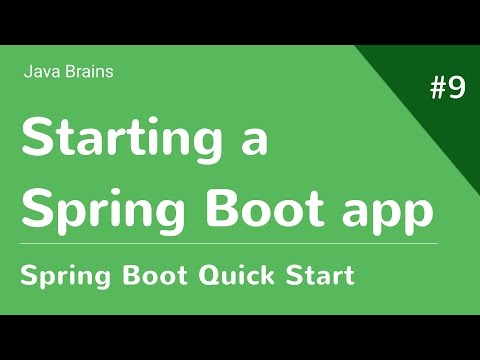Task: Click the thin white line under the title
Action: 230,242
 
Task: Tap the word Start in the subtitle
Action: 319,274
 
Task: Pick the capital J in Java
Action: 27,71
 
